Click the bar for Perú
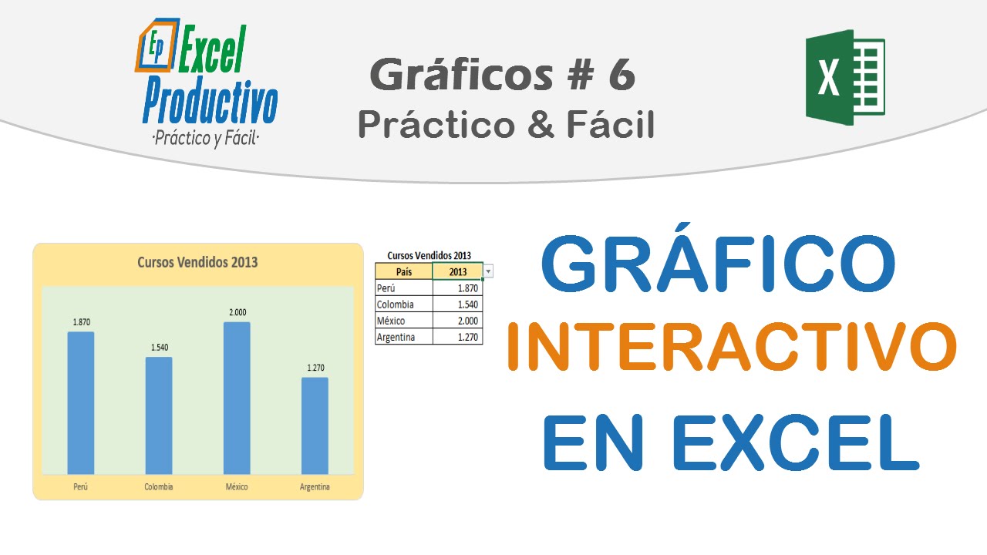click(81, 402)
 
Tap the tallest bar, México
click(237, 397)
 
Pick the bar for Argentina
click(315, 425)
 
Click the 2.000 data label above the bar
click(237, 312)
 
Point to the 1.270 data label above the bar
click(315, 368)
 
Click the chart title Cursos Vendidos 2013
click(197, 262)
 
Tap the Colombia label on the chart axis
click(159, 487)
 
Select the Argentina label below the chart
click(315, 487)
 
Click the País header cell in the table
click(404, 271)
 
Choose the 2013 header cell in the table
click(458, 271)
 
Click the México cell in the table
click(404, 321)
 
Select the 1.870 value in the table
click(458, 288)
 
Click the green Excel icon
click(845, 77)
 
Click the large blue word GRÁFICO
click(719, 264)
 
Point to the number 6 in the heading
click(622, 76)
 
